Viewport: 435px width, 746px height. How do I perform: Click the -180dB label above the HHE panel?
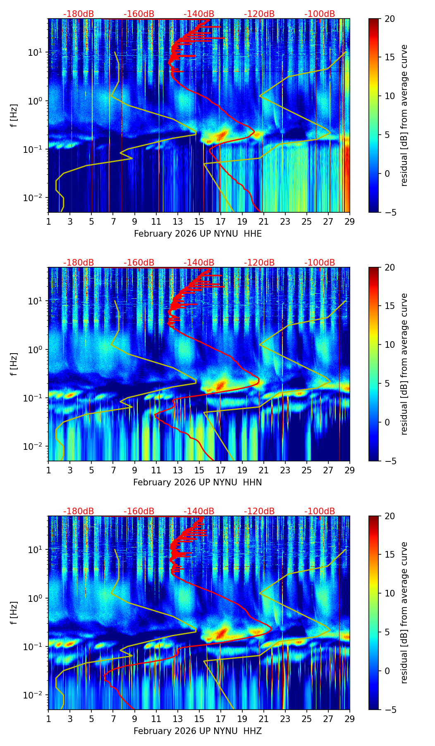[x=79, y=14]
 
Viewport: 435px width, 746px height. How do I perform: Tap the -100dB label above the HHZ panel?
[x=320, y=511]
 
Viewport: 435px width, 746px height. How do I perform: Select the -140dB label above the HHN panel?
[x=199, y=263]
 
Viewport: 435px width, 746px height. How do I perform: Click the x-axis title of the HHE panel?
[x=198, y=234]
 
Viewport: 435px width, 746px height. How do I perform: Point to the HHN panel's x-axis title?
[x=197, y=482]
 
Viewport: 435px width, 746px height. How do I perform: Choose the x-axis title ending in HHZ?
[x=197, y=731]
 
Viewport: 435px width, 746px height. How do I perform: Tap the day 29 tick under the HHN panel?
[x=350, y=470]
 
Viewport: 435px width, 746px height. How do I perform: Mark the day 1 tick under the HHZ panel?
[x=48, y=718]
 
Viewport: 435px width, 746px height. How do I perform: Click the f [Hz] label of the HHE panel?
[x=14, y=116]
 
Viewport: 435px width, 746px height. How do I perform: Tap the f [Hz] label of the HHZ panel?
[x=14, y=613]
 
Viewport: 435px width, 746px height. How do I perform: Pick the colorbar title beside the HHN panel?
[x=404, y=364]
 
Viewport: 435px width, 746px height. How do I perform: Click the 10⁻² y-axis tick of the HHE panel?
[x=36, y=198]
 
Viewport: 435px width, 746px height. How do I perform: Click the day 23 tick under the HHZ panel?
[x=285, y=718]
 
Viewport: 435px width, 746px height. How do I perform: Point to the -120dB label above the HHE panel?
[x=259, y=14]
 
